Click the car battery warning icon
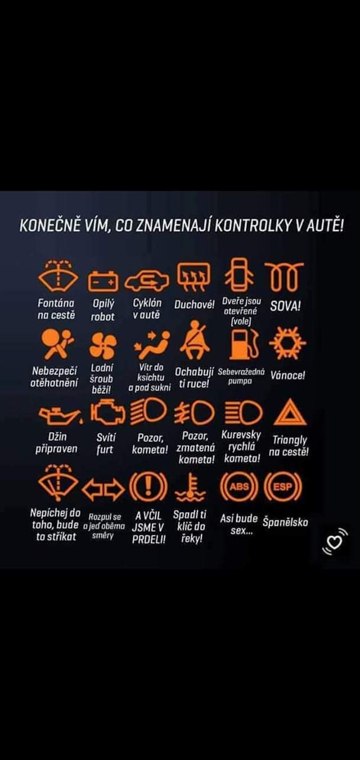click(103, 281)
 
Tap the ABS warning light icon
click(239, 487)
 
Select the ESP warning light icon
click(282, 487)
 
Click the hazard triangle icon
click(290, 412)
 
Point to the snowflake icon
click(288, 343)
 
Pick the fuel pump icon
click(244, 344)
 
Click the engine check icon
click(108, 412)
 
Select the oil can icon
click(60, 415)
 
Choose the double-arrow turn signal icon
click(103, 489)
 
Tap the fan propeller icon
click(103, 345)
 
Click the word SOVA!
click(285, 307)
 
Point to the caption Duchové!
click(195, 305)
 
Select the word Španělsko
click(285, 522)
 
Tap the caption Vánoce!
click(288, 375)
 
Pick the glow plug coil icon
click(284, 277)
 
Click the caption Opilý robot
click(103, 310)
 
